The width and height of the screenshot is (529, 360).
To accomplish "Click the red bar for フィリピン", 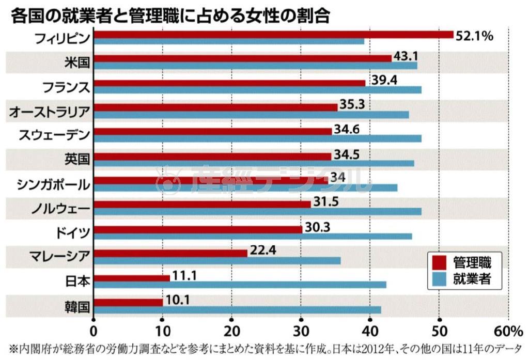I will click(x=274, y=35).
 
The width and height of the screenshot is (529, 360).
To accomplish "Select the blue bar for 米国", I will click(x=256, y=66).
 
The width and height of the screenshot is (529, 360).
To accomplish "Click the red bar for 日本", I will click(x=132, y=278).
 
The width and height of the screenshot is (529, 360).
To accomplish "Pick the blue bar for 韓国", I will click(x=238, y=309).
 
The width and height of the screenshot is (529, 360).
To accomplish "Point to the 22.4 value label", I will click(x=263, y=251).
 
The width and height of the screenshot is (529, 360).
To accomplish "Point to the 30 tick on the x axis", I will click(x=301, y=331).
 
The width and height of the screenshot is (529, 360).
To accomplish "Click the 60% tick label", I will click(x=508, y=331).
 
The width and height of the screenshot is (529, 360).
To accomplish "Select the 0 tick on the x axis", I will click(x=94, y=331).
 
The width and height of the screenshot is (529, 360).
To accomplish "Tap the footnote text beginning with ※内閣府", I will click(x=264, y=349).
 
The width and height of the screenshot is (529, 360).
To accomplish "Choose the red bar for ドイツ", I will click(x=198, y=229).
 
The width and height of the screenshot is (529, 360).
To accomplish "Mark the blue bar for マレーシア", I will click(x=217, y=261).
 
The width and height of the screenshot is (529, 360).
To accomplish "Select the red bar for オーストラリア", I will click(x=216, y=107).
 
